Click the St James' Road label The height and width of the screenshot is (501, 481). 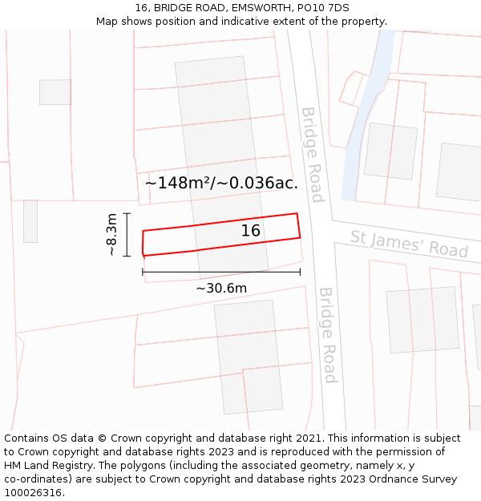pos(409,244)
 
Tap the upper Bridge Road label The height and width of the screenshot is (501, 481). pos(312,155)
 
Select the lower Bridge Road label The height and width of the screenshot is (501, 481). pos(327,335)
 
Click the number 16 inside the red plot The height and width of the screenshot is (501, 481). pos(251,231)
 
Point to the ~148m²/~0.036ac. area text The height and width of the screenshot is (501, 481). pos(221,183)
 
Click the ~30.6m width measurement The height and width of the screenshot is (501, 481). pos(221,288)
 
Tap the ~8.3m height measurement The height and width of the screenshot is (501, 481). pos(112,235)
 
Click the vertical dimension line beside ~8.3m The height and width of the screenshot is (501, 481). pos(127,235)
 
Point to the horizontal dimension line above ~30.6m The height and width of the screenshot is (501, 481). pos(221,273)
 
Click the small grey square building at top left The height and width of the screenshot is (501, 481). pos(55,92)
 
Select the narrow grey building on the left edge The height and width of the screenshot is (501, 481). pos(30,221)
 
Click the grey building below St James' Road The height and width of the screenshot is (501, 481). pos(422,319)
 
